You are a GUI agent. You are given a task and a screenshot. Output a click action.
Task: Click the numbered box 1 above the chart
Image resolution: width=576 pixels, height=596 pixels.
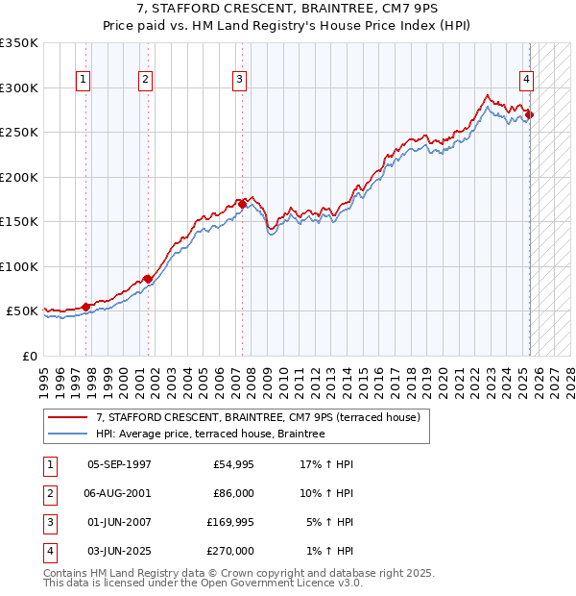click(84, 80)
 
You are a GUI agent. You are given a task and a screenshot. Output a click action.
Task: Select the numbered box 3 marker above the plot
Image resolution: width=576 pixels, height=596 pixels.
click(239, 80)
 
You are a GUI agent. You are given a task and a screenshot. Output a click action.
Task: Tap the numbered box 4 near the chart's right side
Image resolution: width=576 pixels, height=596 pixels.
click(527, 80)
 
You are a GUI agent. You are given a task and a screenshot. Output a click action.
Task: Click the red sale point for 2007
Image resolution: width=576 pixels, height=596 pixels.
click(243, 204)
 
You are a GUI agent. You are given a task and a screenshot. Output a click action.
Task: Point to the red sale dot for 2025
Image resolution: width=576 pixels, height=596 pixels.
click(529, 114)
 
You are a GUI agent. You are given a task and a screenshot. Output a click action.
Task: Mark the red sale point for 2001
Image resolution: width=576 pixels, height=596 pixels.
click(148, 279)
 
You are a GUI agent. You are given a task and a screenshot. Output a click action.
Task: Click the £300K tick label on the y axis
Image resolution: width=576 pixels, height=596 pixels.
click(19, 87)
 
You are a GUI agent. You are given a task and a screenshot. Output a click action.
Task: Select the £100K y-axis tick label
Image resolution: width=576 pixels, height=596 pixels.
click(19, 266)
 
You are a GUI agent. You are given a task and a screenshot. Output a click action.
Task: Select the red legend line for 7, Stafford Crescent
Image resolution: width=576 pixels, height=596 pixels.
click(68, 418)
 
